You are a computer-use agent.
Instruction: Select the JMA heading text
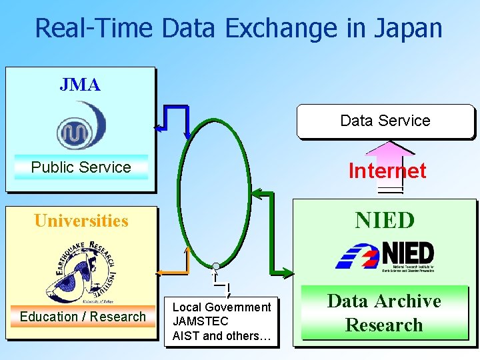[80, 85]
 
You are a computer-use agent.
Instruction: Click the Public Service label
[81, 167]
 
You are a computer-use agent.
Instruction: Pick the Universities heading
[81, 221]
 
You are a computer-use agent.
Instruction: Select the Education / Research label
[83, 317]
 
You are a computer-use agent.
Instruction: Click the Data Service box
[385, 121]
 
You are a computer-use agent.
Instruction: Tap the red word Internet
[387, 171]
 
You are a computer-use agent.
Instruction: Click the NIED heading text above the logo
[385, 220]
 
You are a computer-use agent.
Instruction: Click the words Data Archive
[385, 301]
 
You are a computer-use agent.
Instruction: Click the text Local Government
[221, 307]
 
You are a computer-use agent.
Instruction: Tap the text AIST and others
[221, 336]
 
